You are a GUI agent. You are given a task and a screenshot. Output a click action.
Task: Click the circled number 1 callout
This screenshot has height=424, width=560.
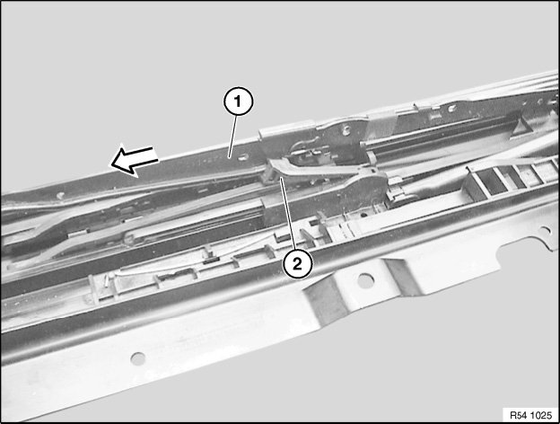click(238, 102)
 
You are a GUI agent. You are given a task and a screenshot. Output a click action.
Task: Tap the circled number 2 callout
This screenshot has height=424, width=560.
click(297, 264)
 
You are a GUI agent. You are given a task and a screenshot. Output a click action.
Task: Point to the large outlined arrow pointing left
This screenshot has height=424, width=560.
click(134, 160)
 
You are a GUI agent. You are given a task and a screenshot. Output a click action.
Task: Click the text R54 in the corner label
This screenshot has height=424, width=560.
click(518, 415)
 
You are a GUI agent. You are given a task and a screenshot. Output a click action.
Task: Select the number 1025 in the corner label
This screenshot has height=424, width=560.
click(541, 415)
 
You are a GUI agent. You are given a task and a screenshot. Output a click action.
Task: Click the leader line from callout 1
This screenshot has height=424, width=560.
click(232, 135)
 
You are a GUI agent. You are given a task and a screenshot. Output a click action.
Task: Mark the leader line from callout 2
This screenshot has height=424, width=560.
click(289, 214)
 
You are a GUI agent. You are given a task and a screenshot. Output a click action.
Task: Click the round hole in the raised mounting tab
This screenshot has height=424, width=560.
click(364, 280)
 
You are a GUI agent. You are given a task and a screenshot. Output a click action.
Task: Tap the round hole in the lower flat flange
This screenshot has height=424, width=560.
click(138, 358)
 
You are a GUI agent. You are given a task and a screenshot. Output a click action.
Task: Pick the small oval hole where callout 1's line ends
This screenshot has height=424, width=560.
click(243, 156)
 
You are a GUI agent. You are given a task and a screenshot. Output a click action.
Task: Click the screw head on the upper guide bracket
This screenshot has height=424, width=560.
click(346, 130)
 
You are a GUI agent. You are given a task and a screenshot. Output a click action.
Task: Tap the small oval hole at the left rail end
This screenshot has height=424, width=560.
click(61, 196)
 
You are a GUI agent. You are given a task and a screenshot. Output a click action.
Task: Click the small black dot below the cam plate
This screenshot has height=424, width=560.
click(362, 216)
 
